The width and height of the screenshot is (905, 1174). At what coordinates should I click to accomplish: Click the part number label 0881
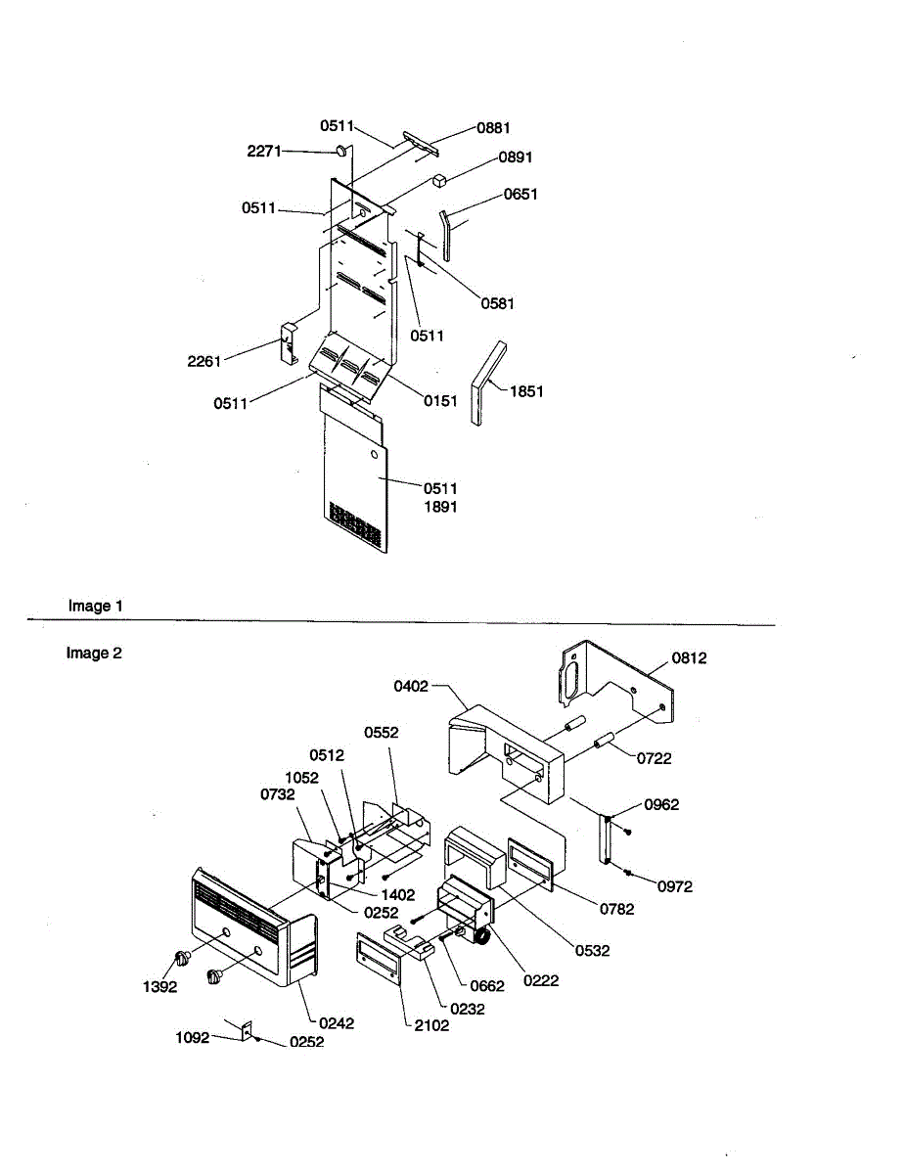tap(493, 128)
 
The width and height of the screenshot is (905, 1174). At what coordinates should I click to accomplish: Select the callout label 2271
tap(264, 151)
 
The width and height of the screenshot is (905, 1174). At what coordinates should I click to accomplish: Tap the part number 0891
tap(515, 158)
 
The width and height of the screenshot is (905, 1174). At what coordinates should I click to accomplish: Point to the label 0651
tap(520, 195)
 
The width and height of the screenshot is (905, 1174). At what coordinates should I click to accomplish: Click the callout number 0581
tap(497, 303)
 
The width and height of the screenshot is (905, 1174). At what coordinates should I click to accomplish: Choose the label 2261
tap(204, 361)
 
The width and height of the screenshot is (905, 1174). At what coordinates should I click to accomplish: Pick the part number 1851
tap(526, 391)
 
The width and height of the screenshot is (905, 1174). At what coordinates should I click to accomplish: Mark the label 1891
tap(440, 507)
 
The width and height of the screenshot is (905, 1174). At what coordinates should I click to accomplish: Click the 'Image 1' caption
tap(96, 606)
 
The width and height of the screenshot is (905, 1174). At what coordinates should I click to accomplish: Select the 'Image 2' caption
tap(94, 653)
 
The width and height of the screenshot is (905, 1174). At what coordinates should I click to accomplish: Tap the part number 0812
tap(689, 658)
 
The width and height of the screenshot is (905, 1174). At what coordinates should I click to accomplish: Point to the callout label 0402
tap(411, 687)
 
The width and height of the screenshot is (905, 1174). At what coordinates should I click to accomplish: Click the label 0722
tap(655, 758)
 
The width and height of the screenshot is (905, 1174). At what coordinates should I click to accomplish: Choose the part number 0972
tap(675, 886)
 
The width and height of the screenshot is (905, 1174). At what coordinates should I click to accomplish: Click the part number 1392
tap(159, 987)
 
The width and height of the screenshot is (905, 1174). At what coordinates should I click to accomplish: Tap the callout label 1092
tap(193, 1037)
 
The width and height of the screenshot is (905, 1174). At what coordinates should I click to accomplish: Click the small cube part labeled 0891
tap(439, 180)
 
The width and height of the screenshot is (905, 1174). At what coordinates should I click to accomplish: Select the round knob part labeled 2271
tap(341, 151)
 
